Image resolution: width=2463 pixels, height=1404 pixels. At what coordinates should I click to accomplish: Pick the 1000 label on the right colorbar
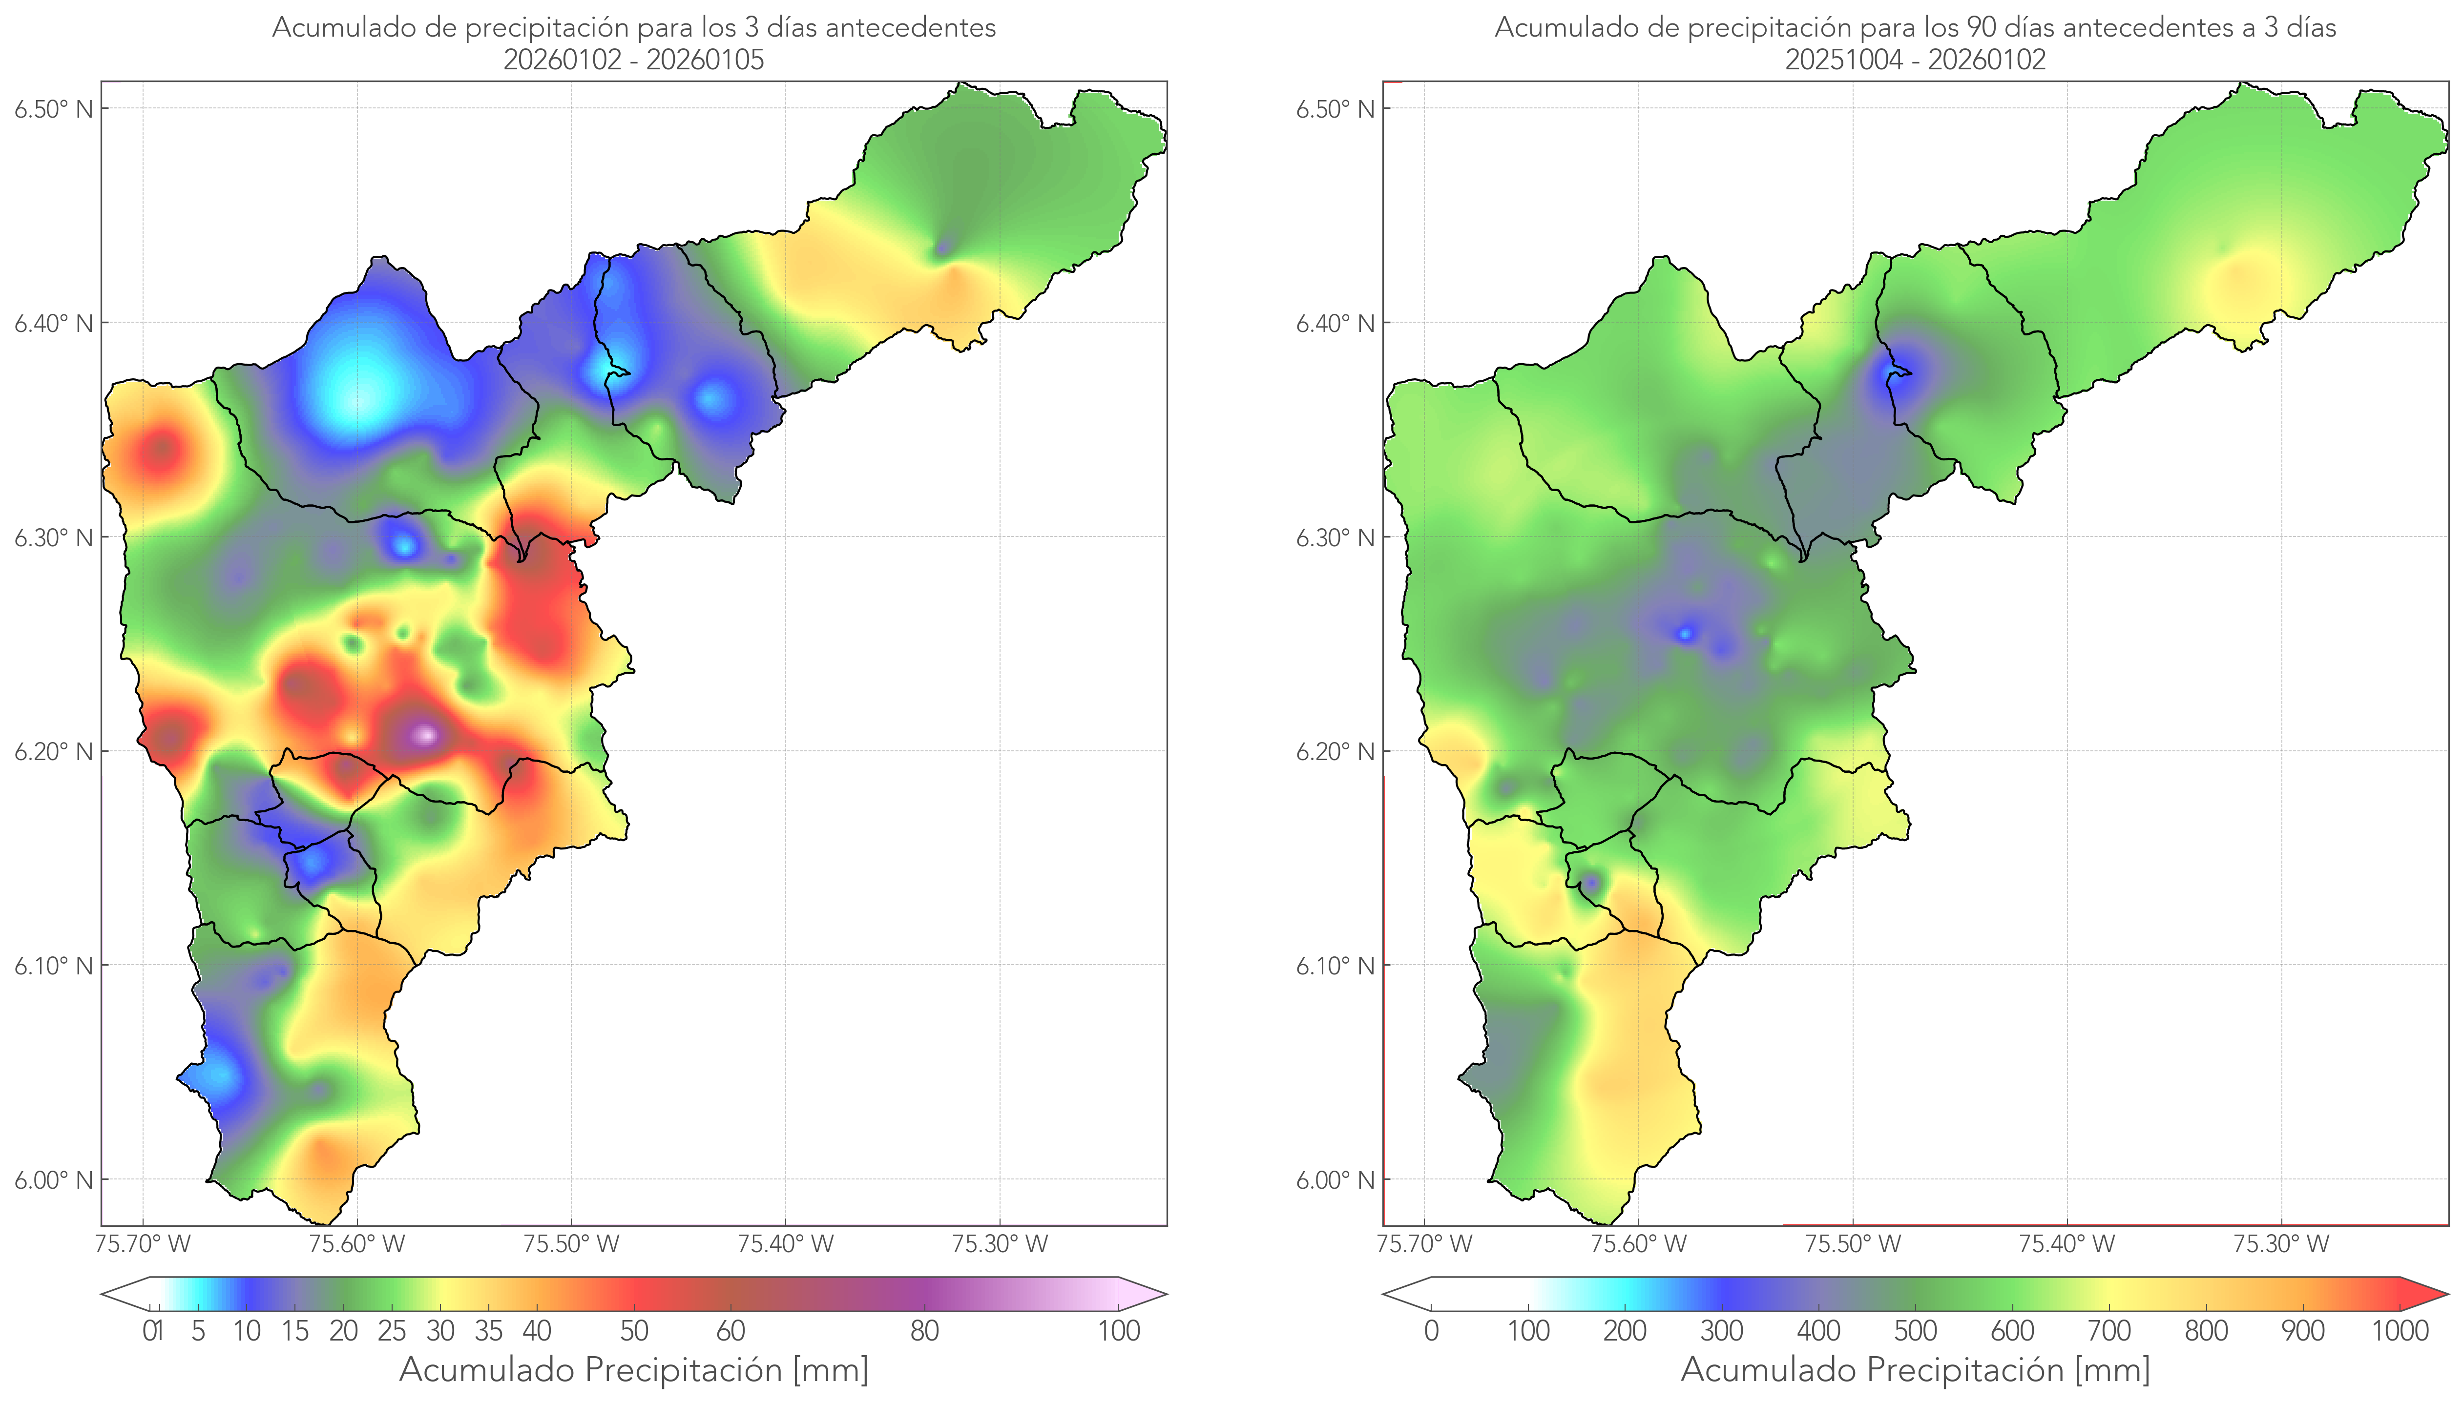(x=2400, y=1331)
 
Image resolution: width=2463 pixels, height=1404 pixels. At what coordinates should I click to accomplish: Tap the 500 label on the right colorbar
(x=1915, y=1331)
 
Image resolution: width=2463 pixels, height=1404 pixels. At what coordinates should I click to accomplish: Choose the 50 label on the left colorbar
(x=634, y=1331)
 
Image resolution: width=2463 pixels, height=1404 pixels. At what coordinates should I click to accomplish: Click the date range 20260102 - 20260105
(x=634, y=60)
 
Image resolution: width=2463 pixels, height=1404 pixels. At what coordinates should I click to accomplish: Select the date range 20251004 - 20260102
(x=1915, y=60)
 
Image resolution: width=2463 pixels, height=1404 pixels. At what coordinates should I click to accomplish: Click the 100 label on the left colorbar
(x=1119, y=1331)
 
